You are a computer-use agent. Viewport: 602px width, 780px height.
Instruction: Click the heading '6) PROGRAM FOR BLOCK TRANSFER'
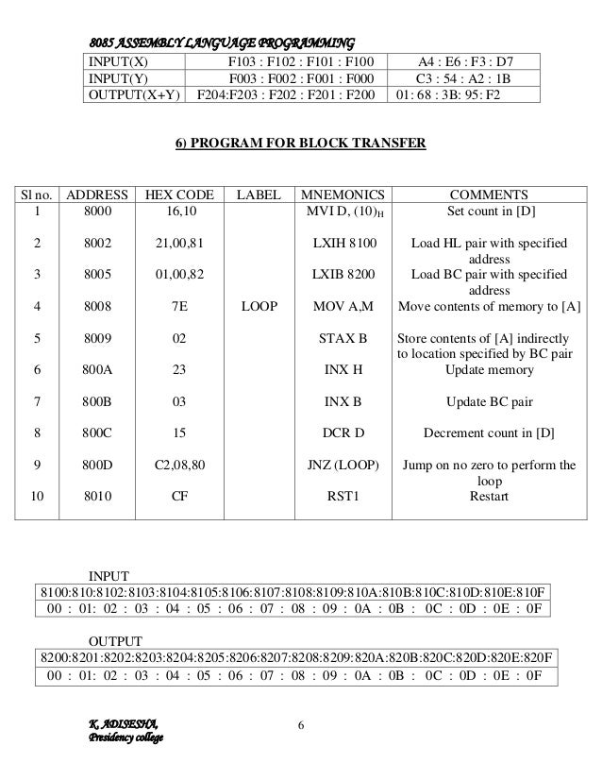[301, 144]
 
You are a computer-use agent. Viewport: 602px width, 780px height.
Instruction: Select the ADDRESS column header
[92, 195]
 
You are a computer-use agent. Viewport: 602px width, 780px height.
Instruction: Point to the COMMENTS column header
[489, 195]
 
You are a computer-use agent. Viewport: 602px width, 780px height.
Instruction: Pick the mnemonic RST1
[343, 495]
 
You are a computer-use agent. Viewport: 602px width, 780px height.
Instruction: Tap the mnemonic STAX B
[343, 337]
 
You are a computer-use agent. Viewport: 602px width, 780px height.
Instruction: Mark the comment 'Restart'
[489, 495]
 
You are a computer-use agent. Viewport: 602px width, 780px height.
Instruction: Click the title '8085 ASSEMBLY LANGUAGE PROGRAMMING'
[222, 42]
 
